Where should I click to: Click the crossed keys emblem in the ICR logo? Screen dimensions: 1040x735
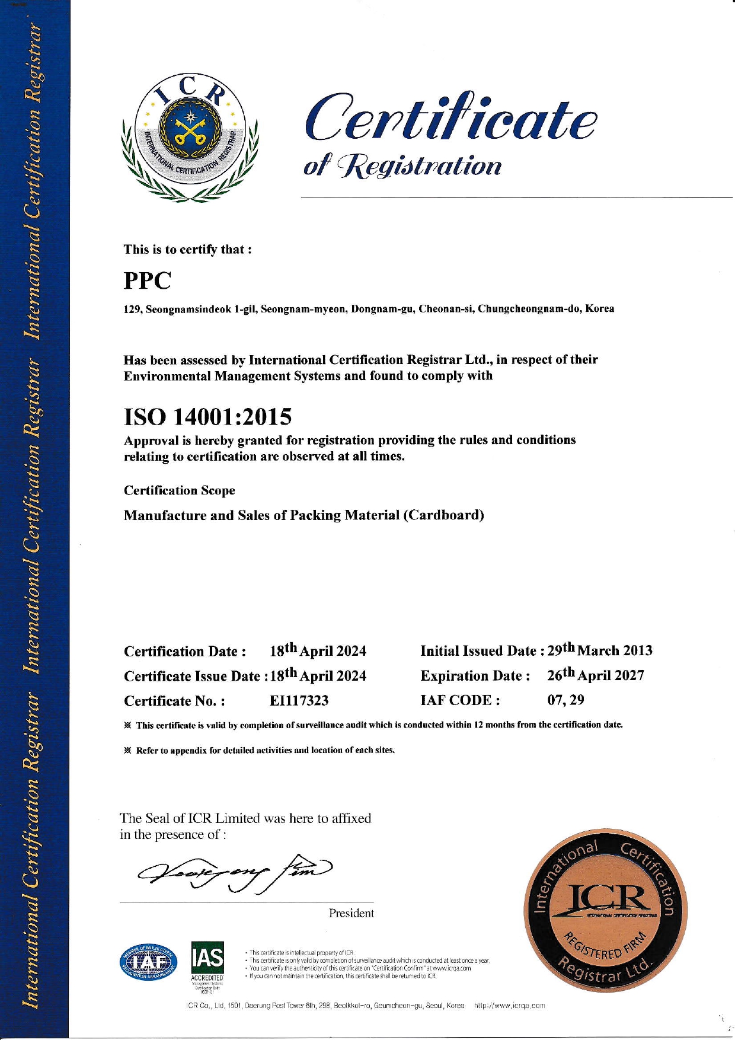(x=190, y=131)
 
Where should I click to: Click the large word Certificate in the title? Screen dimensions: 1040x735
(x=450, y=119)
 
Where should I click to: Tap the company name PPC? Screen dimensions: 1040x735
(x=147, y=280)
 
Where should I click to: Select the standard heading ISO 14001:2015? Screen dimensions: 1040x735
(x=207, y=417)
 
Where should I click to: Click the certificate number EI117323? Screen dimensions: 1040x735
(x=299, y=701)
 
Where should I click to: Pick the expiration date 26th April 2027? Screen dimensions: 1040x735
(x=595, y=675)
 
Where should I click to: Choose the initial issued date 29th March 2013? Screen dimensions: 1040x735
(x=599, y=650)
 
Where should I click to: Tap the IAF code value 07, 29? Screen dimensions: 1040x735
(x=565, y=700)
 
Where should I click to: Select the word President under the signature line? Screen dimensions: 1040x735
(x=351, y=913)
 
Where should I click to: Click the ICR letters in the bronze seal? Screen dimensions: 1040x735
(x=606, y=899)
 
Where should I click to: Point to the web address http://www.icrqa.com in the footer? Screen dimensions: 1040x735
(x=509, y=1006)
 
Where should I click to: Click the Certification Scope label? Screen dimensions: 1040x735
(x=179, y=490)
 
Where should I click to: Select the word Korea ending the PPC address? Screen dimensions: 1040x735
(x=599, y=309)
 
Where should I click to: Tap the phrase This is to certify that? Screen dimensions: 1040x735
(x=187, y=249)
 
